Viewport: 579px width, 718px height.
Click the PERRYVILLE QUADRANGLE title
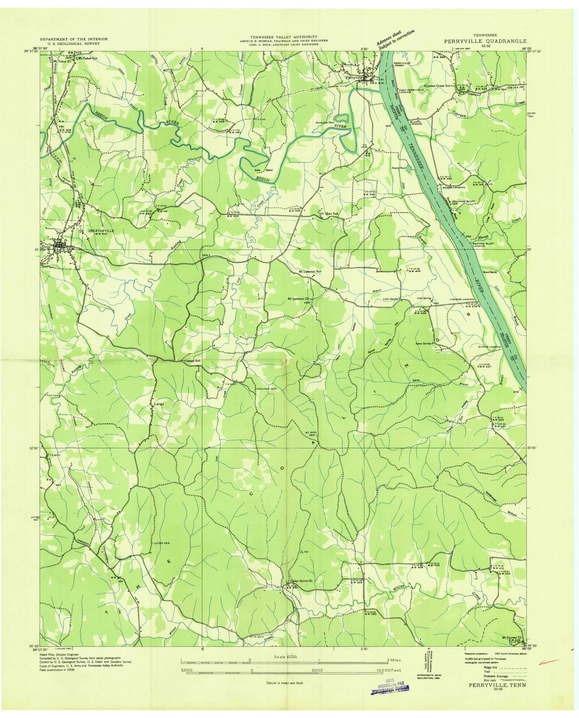[485, 41]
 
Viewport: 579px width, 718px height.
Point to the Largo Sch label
[194, 361]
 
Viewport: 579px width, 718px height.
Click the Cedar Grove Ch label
[303, 581]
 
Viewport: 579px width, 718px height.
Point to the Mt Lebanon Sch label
[311, 272]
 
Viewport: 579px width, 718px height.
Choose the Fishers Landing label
[461, 299]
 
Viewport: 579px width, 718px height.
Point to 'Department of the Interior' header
[74, 39]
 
